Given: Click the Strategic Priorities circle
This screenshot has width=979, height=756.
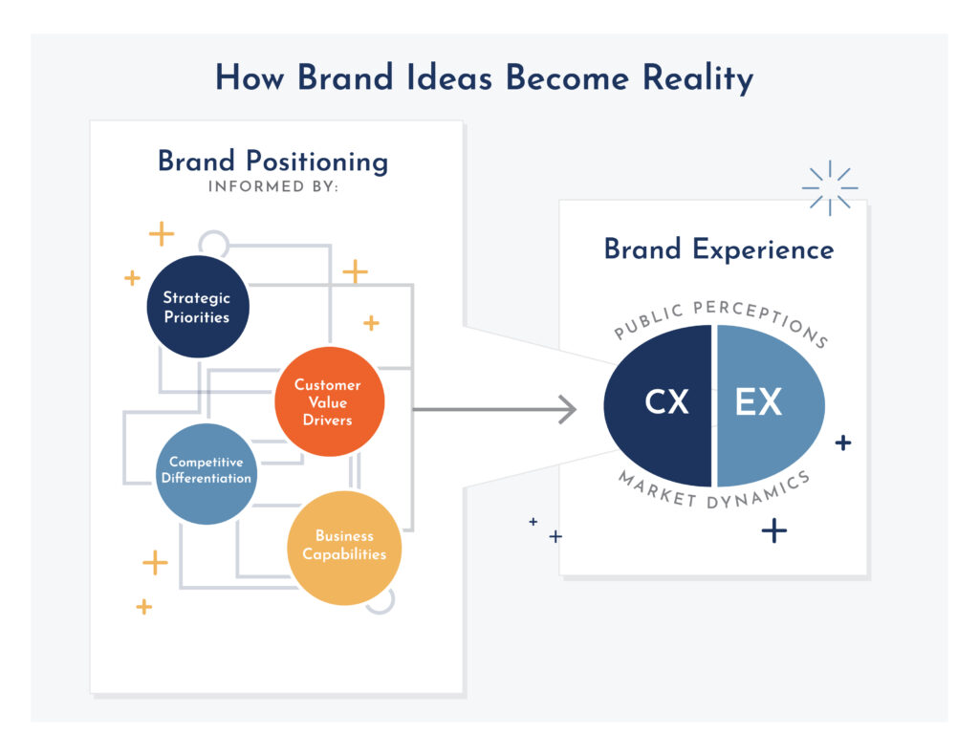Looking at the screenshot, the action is [x=198, y=307].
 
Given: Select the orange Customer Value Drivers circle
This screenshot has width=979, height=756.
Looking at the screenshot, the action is [x=330, y=401].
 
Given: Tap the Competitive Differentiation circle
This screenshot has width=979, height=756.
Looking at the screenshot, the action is [x=207, y=474].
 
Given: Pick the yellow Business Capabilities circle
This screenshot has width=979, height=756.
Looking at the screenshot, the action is [x=344, y=548].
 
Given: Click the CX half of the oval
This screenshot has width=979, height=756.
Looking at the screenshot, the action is [x=659, y=406].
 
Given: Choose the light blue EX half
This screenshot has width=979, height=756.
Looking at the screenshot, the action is [x=771, y=406].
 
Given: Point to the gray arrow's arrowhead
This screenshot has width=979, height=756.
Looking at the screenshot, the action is [x=568, y=409].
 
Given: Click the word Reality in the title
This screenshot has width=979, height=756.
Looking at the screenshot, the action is [x=698, y=79].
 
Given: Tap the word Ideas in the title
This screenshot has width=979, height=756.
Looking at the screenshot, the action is [x=449, y=78].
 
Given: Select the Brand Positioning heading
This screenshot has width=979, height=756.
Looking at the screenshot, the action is [x=272, y=162].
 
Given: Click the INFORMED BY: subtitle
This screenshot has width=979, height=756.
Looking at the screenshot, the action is [x=272, y=186].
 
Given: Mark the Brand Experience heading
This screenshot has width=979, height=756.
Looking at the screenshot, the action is [x=719, y=249].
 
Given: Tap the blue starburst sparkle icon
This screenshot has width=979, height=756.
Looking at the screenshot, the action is [x=830, y=188].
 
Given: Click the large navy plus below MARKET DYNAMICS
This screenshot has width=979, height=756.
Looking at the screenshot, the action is [x=774, y=530].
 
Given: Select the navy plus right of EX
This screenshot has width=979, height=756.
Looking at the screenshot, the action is [x=843, y=443].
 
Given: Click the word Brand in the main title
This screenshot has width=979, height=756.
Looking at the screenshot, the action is [x=345, y=78].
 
